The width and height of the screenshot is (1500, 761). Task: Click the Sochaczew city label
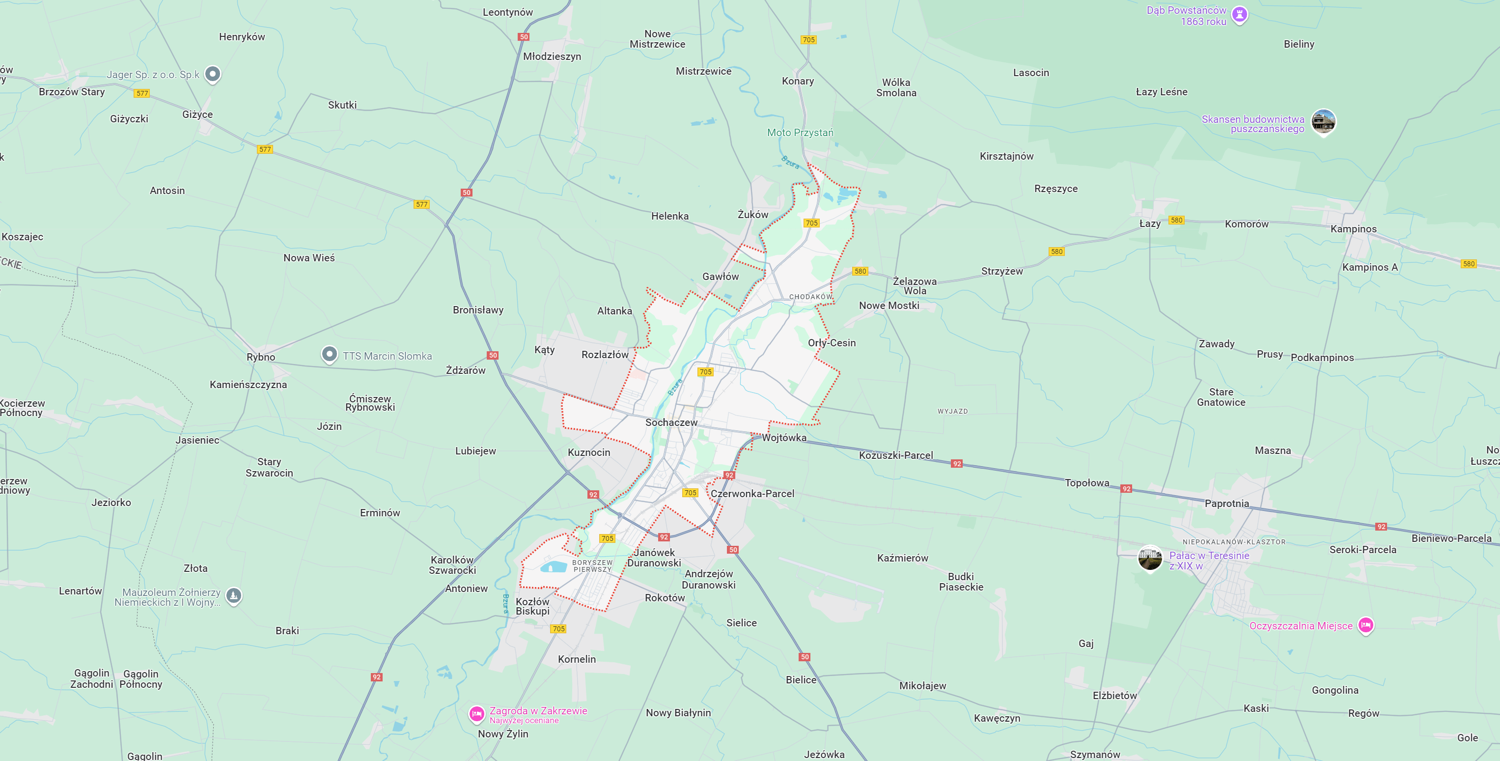pos(671,422)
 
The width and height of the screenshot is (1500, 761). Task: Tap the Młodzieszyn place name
pos(552,56)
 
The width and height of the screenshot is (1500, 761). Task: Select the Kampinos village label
pos(1353,229)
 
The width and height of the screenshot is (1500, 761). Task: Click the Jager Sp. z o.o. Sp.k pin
pos(213,74)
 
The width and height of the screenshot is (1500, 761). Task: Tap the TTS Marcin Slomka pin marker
pos(330,354)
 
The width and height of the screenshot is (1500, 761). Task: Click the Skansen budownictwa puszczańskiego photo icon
pos(1323,121)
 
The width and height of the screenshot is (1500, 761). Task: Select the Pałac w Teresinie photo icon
pos(1149,558)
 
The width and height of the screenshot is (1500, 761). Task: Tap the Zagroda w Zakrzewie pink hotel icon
pos(476,713)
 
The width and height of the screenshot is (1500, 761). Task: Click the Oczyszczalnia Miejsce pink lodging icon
pos(1365,625)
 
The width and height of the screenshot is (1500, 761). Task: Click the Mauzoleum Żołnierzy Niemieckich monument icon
pos(233,595)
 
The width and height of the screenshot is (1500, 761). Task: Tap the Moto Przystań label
pos(800,133)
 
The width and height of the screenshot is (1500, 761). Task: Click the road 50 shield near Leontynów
pos(524,37)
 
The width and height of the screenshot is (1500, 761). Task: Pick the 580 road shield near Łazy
pos(1176,220)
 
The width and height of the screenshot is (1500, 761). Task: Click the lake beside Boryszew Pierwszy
pos(553,566)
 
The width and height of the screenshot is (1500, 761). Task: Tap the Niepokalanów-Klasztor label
pos(1233,541)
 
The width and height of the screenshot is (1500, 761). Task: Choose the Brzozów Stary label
pos(72,92)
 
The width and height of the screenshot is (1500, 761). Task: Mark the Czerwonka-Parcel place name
pos(752,494)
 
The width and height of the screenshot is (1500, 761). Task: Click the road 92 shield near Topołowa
pos(1126,488)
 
